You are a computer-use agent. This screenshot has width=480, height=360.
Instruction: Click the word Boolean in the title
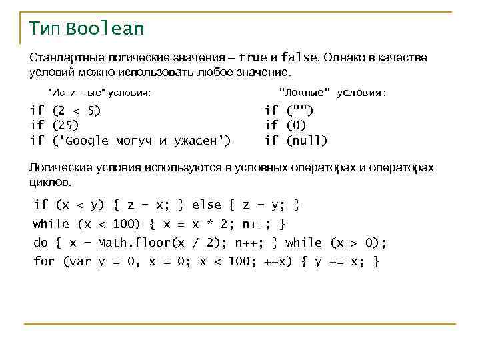tap(105, 29)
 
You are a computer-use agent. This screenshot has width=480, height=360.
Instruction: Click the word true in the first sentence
tap(253, 57)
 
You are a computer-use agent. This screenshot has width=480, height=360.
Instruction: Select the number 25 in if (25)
tap(65, 125)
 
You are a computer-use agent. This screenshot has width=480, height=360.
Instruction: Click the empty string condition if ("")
tap(289, 110)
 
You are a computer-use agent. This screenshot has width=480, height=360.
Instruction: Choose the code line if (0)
tap(285, 125)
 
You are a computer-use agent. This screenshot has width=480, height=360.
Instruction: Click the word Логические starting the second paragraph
tap(59, 167)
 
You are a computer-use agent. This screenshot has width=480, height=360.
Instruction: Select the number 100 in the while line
tap(125, 224)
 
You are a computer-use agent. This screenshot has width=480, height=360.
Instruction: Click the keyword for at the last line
tap(44, 261)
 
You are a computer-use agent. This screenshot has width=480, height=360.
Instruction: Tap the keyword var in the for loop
tap(80, 261)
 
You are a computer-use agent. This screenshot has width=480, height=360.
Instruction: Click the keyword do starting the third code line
tap(41, 243)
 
